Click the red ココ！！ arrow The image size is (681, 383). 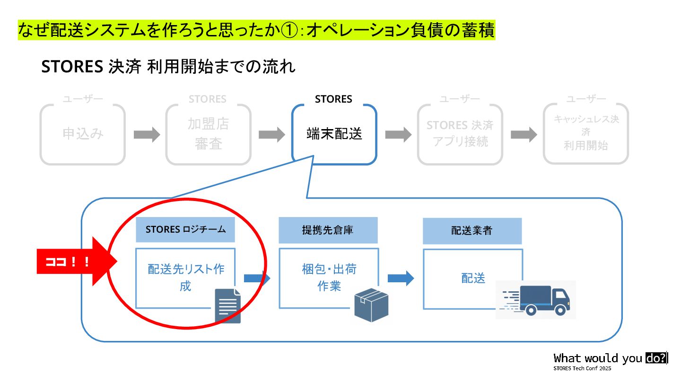pyautogui.click(x=76, y=261)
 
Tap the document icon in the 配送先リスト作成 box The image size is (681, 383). pyautogui.click(x=227, y=306)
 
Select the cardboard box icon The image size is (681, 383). pyautogui.click(x=371, y=305)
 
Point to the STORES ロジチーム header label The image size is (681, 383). pyautogui.click(x=185, y=230)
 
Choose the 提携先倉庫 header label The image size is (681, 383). pyautogui.click(x=328, y=230)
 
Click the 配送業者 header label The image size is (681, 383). pyautogui.click(x=471, y=231)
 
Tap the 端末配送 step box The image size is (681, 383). pyautogui.click(x=334, y=134)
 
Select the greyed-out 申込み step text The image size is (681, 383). pyautogui.click(x=83, y=134)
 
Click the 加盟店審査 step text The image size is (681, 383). pyautogui.click(x=208, y=134)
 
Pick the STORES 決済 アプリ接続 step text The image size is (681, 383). pyautogui.click(x=460, y=133)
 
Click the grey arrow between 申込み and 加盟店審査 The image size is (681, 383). pyautogui.click(x=147, y=135)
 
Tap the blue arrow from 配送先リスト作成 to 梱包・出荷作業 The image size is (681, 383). pyautogui.click(x=257, y=279)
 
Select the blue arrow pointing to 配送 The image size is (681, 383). pyautogui.click(x=401, y=279)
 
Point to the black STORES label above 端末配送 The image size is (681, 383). pyautogui.click(x=333, y=99)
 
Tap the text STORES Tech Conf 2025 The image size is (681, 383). pyautogui.click(x=582, y=368)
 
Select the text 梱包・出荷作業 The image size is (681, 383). pyautogui.click(x=329, y=278)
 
